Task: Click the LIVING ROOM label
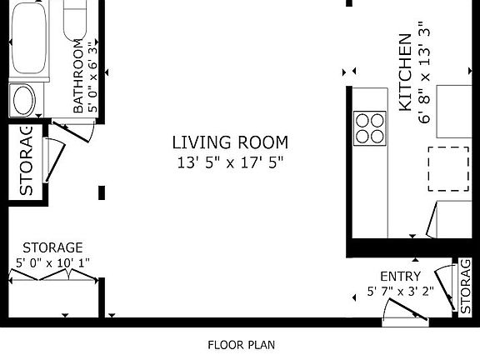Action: [230, 142]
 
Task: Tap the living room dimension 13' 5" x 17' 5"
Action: [230, 162]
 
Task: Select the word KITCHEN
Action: [405, 72]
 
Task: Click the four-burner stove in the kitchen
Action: [370, 127]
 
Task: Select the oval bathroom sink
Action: [22, 101]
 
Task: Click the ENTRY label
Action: [400, 277]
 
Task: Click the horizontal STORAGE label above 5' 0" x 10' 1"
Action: [52, 247]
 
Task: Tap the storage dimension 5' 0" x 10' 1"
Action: [52, 263]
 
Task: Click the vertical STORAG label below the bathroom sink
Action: [25, 161]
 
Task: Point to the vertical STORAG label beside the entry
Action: [466, 286]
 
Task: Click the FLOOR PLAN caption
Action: [241, 344]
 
